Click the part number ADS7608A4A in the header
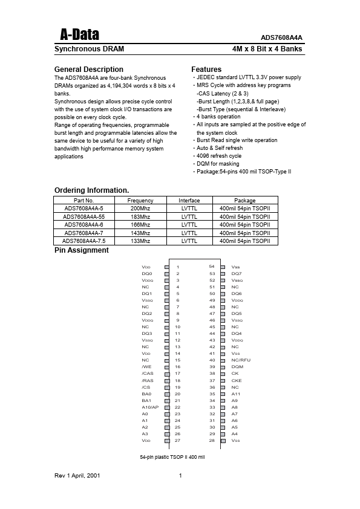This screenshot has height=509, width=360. pyautogui.click(x=281, y=37)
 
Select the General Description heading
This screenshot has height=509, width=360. pyautogui.click(x=89, y=70)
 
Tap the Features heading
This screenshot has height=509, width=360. pyautogui.click(x=206, y=70)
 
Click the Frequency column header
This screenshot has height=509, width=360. pyautogui.click(x=140, y=201)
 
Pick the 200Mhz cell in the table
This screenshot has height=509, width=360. pyautogui.click(x=140, y=209)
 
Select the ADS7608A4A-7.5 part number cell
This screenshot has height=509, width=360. pyautogui.click(x=84, y=241)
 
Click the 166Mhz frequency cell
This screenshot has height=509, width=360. pyautogui.click(x=140, y=224)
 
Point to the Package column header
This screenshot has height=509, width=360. pyautogui.click(x=245, y=201)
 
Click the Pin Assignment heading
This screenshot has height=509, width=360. pyautogui.click(x=82, y=250)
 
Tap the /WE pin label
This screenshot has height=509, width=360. pyautogui.click(x=146, y=367)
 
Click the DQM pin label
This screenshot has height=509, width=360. pyautogui.click(x=237, y=367)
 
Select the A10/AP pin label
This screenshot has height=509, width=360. pyautogui.click(x=150, y=407)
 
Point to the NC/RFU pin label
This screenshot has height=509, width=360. pyautogui.click(x=241, y=360)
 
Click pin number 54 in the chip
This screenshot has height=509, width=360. pyautogui.click(x=212, y=267)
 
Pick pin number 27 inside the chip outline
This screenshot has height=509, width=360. pyautogui.click(x=177, y=441)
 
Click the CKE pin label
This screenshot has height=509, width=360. pyautogui.click(x=237, y=380)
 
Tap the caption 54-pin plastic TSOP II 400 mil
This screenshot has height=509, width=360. pyautogui.click(x=172, y=457)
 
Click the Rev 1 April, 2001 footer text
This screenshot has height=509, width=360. pyautogui.click(x=77, y=476)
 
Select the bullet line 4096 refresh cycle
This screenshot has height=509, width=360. pyautogui.click(x=218, y=156)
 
